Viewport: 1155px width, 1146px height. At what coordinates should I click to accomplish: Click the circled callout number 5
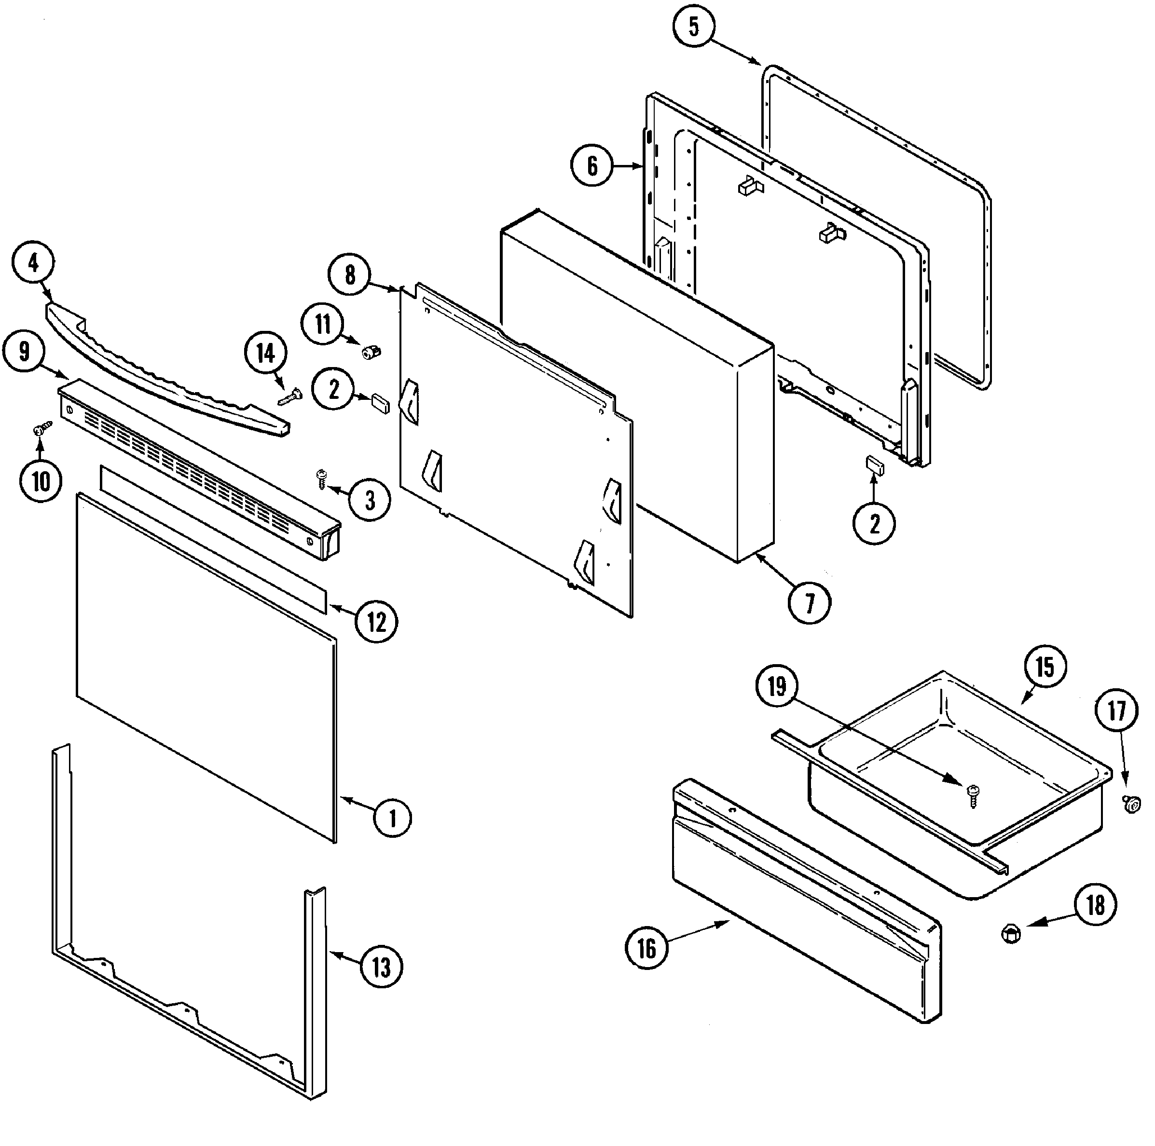693,27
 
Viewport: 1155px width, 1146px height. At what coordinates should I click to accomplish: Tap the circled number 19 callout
777,686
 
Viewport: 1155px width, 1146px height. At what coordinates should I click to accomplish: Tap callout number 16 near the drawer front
647,949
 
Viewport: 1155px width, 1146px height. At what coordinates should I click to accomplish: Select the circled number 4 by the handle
33,263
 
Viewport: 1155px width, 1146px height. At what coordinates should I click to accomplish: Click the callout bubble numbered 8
350,275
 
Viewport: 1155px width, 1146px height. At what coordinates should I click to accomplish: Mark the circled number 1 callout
392,818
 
